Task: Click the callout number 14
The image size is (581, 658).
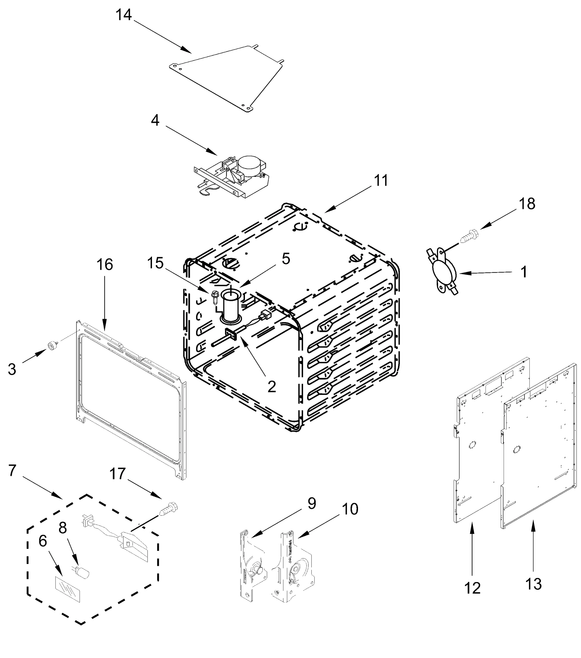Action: tap(124, 15)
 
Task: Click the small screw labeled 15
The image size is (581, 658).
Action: tap(215, 297)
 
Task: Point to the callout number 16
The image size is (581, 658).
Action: tap(105, 265)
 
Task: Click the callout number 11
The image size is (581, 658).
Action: tap(381, 181)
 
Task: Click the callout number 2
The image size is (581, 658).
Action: tap(272, 386)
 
